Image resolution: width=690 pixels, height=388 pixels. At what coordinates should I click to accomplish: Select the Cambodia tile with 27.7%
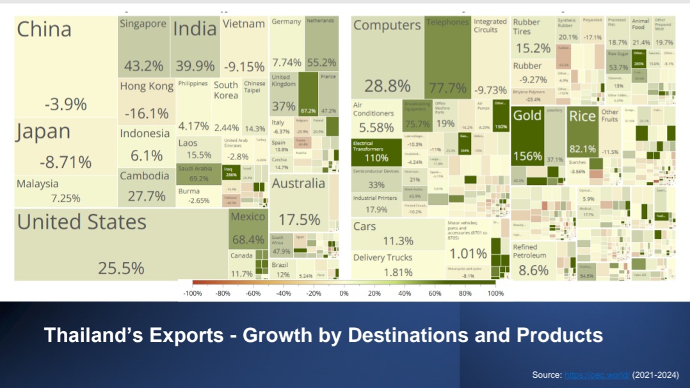point(147,186)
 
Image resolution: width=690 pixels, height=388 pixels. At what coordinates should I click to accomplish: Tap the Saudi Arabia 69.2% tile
point(198,174)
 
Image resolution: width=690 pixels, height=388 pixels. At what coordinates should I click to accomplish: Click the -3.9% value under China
point(65,104)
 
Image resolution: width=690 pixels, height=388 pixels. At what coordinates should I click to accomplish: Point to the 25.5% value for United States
point(120,268)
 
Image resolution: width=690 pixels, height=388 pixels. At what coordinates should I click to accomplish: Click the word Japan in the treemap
point(44,132)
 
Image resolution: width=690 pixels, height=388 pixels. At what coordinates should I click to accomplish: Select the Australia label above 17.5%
point(298,184)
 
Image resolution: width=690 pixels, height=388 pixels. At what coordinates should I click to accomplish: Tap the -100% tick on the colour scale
point(193,293)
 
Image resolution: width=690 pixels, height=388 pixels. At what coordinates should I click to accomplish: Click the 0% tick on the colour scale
point(344,293)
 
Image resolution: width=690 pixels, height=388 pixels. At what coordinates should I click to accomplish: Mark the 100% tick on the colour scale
point(495,293)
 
